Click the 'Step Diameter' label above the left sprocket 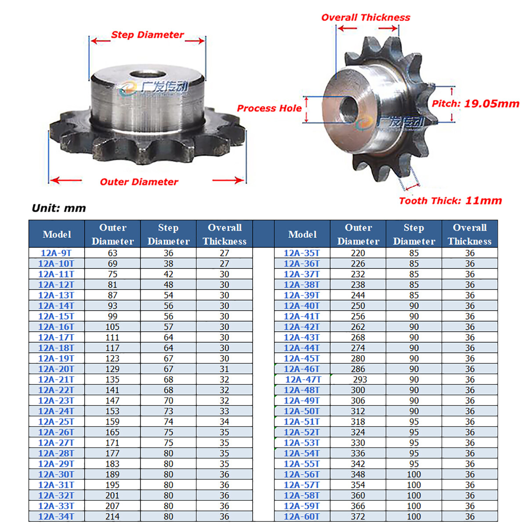tap(148, 35)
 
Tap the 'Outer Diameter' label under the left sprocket tap(139, 182)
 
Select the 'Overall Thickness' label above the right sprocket tap(366, 18)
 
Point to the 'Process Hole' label tap(269, 108)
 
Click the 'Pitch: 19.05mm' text tap(475, 104)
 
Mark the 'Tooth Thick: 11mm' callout tap(451, 201)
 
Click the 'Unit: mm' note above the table tap(59, 209)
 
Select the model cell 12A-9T tap(56, 253)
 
